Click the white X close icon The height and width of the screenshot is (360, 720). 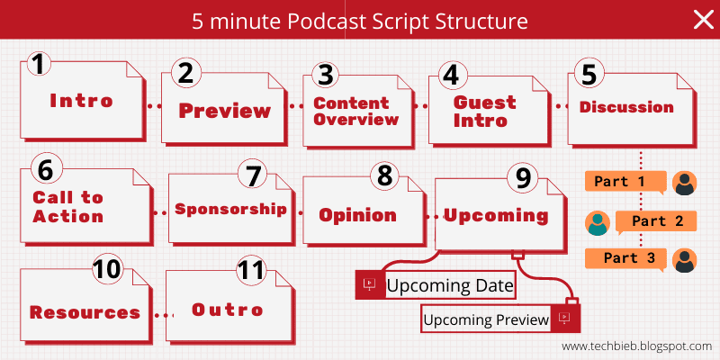(x=702, y=20)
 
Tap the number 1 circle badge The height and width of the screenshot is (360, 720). (x=37, y=64)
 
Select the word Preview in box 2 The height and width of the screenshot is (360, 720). (x=224, y=112)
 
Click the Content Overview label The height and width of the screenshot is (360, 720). (x=355, y=112)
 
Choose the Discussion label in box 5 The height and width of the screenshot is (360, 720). (x=626, y=107)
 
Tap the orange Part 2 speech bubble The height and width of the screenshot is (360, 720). (x=656, y=220)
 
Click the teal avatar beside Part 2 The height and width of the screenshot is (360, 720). (x=597, y=221)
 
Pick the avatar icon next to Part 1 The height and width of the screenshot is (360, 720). (x=685, y=183)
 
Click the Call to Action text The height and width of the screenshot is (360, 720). (x=68, y=207)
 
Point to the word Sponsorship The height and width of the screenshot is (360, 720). (x=230, y=209)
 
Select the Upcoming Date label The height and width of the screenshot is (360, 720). (x=450, y=286)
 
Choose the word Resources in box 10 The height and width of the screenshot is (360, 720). (x=85, y=312)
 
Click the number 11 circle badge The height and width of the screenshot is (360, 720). (x=252, y=271)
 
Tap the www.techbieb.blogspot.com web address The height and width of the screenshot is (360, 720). (x=636, y=346)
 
